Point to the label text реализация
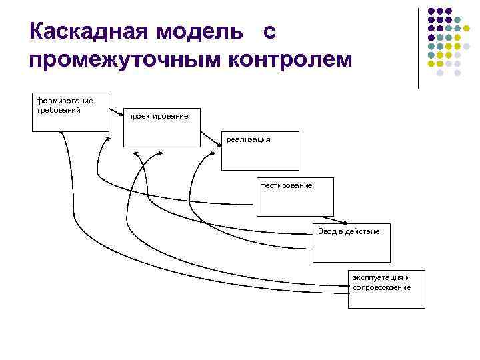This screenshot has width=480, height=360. [x=249, y=139]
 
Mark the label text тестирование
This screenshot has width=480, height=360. [x=287, y=185]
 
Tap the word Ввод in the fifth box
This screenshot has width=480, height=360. [x=327, y=231]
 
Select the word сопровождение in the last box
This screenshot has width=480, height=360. [x=382, y=287]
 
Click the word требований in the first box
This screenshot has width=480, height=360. [x=59, y=109]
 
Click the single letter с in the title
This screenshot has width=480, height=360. [x=269, y=31]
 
